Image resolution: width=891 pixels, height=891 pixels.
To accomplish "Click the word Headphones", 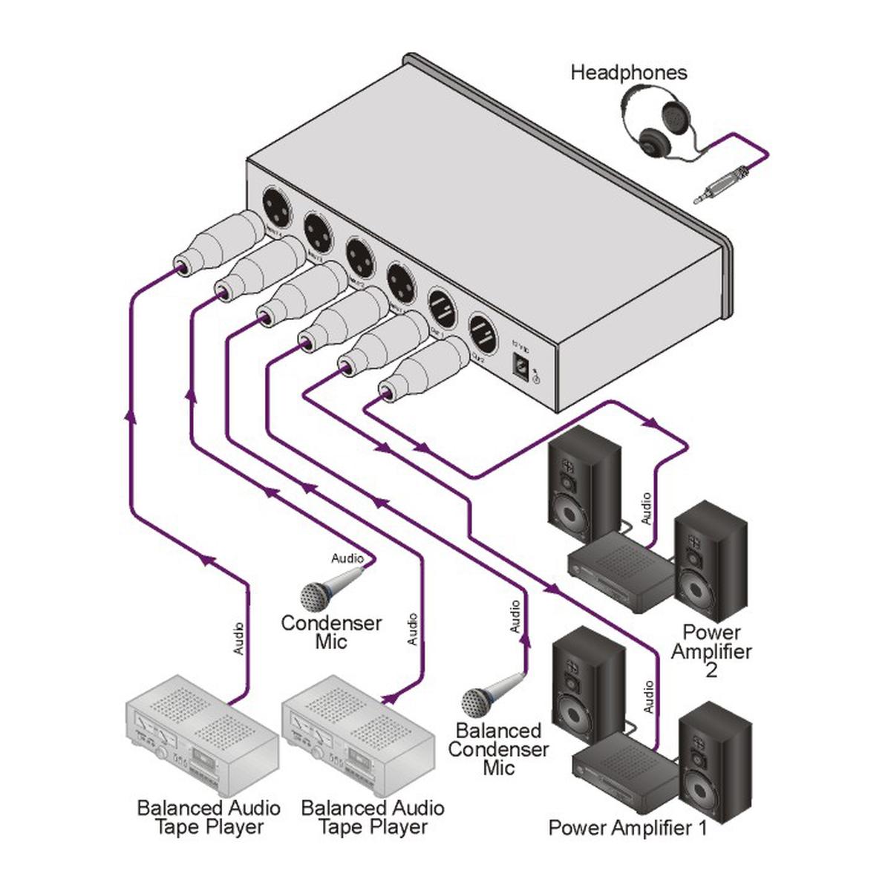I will tap(628, 73).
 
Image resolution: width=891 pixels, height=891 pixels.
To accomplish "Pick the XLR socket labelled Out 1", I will tap(441, 307).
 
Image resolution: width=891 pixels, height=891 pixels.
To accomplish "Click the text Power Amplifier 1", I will tap(627, 827).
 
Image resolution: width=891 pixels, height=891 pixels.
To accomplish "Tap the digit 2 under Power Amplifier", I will tap(711, 670).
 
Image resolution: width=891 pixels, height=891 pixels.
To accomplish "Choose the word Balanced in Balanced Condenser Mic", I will tap(498, 731).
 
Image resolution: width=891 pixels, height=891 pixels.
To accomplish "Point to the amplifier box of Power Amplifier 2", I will tap(621, 568).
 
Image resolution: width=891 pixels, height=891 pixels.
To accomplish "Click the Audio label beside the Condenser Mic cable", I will tap(347, 558).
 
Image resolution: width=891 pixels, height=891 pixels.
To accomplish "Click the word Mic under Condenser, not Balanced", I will tap(331, 642).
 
